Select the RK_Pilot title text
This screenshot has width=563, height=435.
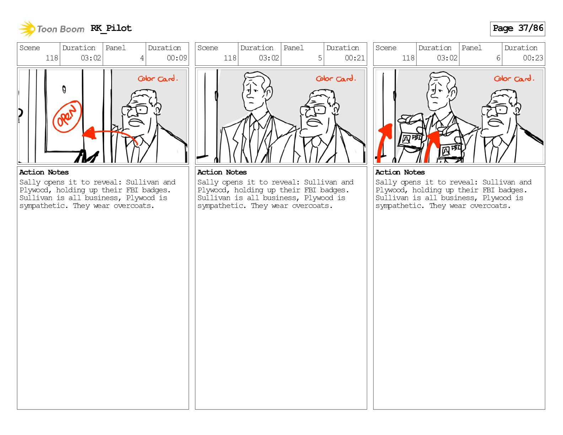pyautogui.click(x=111, y=28)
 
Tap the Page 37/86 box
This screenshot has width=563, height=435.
pyautogui.click(x=518, y=29)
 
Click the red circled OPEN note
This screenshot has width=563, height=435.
pyautogui.click(x=67, y=116)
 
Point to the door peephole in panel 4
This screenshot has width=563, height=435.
pyautogui.click(x=64, y=89)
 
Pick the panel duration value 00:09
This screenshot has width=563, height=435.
pyautogui.click(x=177, y=58)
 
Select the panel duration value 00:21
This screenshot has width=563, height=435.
pyautogui.click(x=355, y=58)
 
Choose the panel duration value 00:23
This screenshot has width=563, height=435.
pyautogui.click(x=533, y=58)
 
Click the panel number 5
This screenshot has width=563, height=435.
pyautogui.click(x=320, y=58)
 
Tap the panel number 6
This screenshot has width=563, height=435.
pyautogui.click(x=498, y=58)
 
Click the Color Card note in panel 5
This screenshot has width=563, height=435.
pyautogui.click(x=336, y=78)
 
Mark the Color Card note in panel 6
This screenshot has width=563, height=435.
pyautogui.click(x=514, y=78)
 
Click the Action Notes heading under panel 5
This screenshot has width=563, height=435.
pyautogui.click(x=222, y=172)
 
